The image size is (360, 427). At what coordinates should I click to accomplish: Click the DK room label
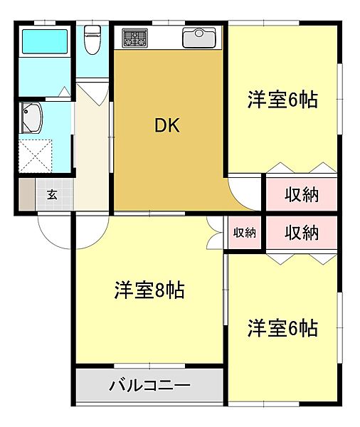168,126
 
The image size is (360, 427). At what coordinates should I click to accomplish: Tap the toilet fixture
92,41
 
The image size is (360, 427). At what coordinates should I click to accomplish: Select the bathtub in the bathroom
44,42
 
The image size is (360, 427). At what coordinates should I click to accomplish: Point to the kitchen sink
198,37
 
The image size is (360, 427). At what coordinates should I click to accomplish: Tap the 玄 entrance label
52,194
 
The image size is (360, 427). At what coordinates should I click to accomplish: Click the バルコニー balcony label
149,386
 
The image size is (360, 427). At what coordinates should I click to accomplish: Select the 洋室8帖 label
149,290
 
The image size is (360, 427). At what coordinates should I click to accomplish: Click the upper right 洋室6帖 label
282,99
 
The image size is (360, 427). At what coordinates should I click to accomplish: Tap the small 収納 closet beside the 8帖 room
244,232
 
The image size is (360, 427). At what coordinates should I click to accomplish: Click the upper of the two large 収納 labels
302,194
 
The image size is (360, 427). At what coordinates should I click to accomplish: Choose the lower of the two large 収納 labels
302,232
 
